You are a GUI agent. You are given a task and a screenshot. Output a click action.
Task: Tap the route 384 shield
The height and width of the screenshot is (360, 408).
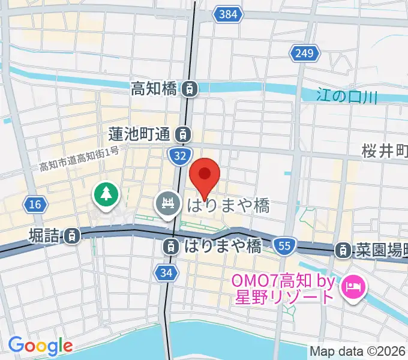coord(227,14)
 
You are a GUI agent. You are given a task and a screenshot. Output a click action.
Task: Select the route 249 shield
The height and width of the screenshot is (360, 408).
coord(304,54)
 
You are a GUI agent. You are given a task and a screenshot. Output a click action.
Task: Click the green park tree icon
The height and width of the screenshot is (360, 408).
coord(106,194)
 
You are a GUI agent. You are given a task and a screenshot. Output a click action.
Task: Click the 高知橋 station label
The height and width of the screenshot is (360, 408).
coord(153,89)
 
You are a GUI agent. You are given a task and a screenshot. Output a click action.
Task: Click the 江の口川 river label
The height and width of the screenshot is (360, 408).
coord(347,95)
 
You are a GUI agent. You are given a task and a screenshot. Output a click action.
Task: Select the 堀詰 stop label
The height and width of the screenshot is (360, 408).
coord(44,235)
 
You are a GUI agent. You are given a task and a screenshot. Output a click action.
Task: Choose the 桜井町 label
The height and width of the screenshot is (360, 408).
coord(384,151)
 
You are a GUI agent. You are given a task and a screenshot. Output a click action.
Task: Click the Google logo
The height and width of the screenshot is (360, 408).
coord(40,346)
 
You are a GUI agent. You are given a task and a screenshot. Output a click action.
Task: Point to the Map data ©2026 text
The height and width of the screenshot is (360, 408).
coord(358,352)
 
